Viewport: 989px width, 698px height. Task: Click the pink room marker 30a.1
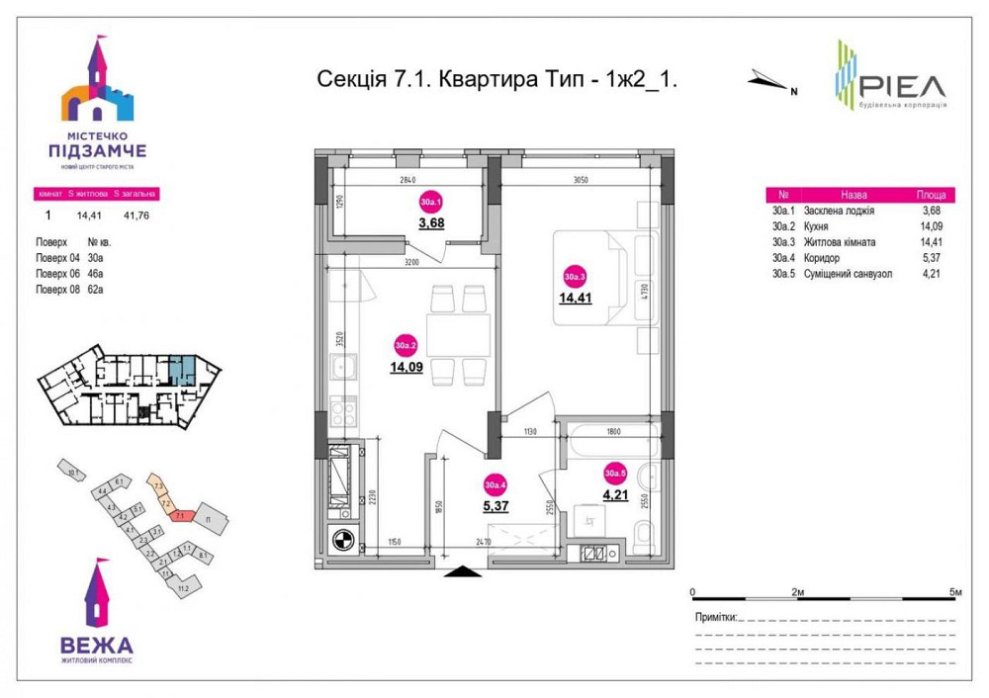(x=431, y=202)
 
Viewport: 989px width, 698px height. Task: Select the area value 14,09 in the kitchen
(x=405, y=368)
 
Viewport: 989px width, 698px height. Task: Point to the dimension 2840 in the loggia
(x=410, y=180)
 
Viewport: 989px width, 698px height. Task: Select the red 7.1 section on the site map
(x=181, y=514)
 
